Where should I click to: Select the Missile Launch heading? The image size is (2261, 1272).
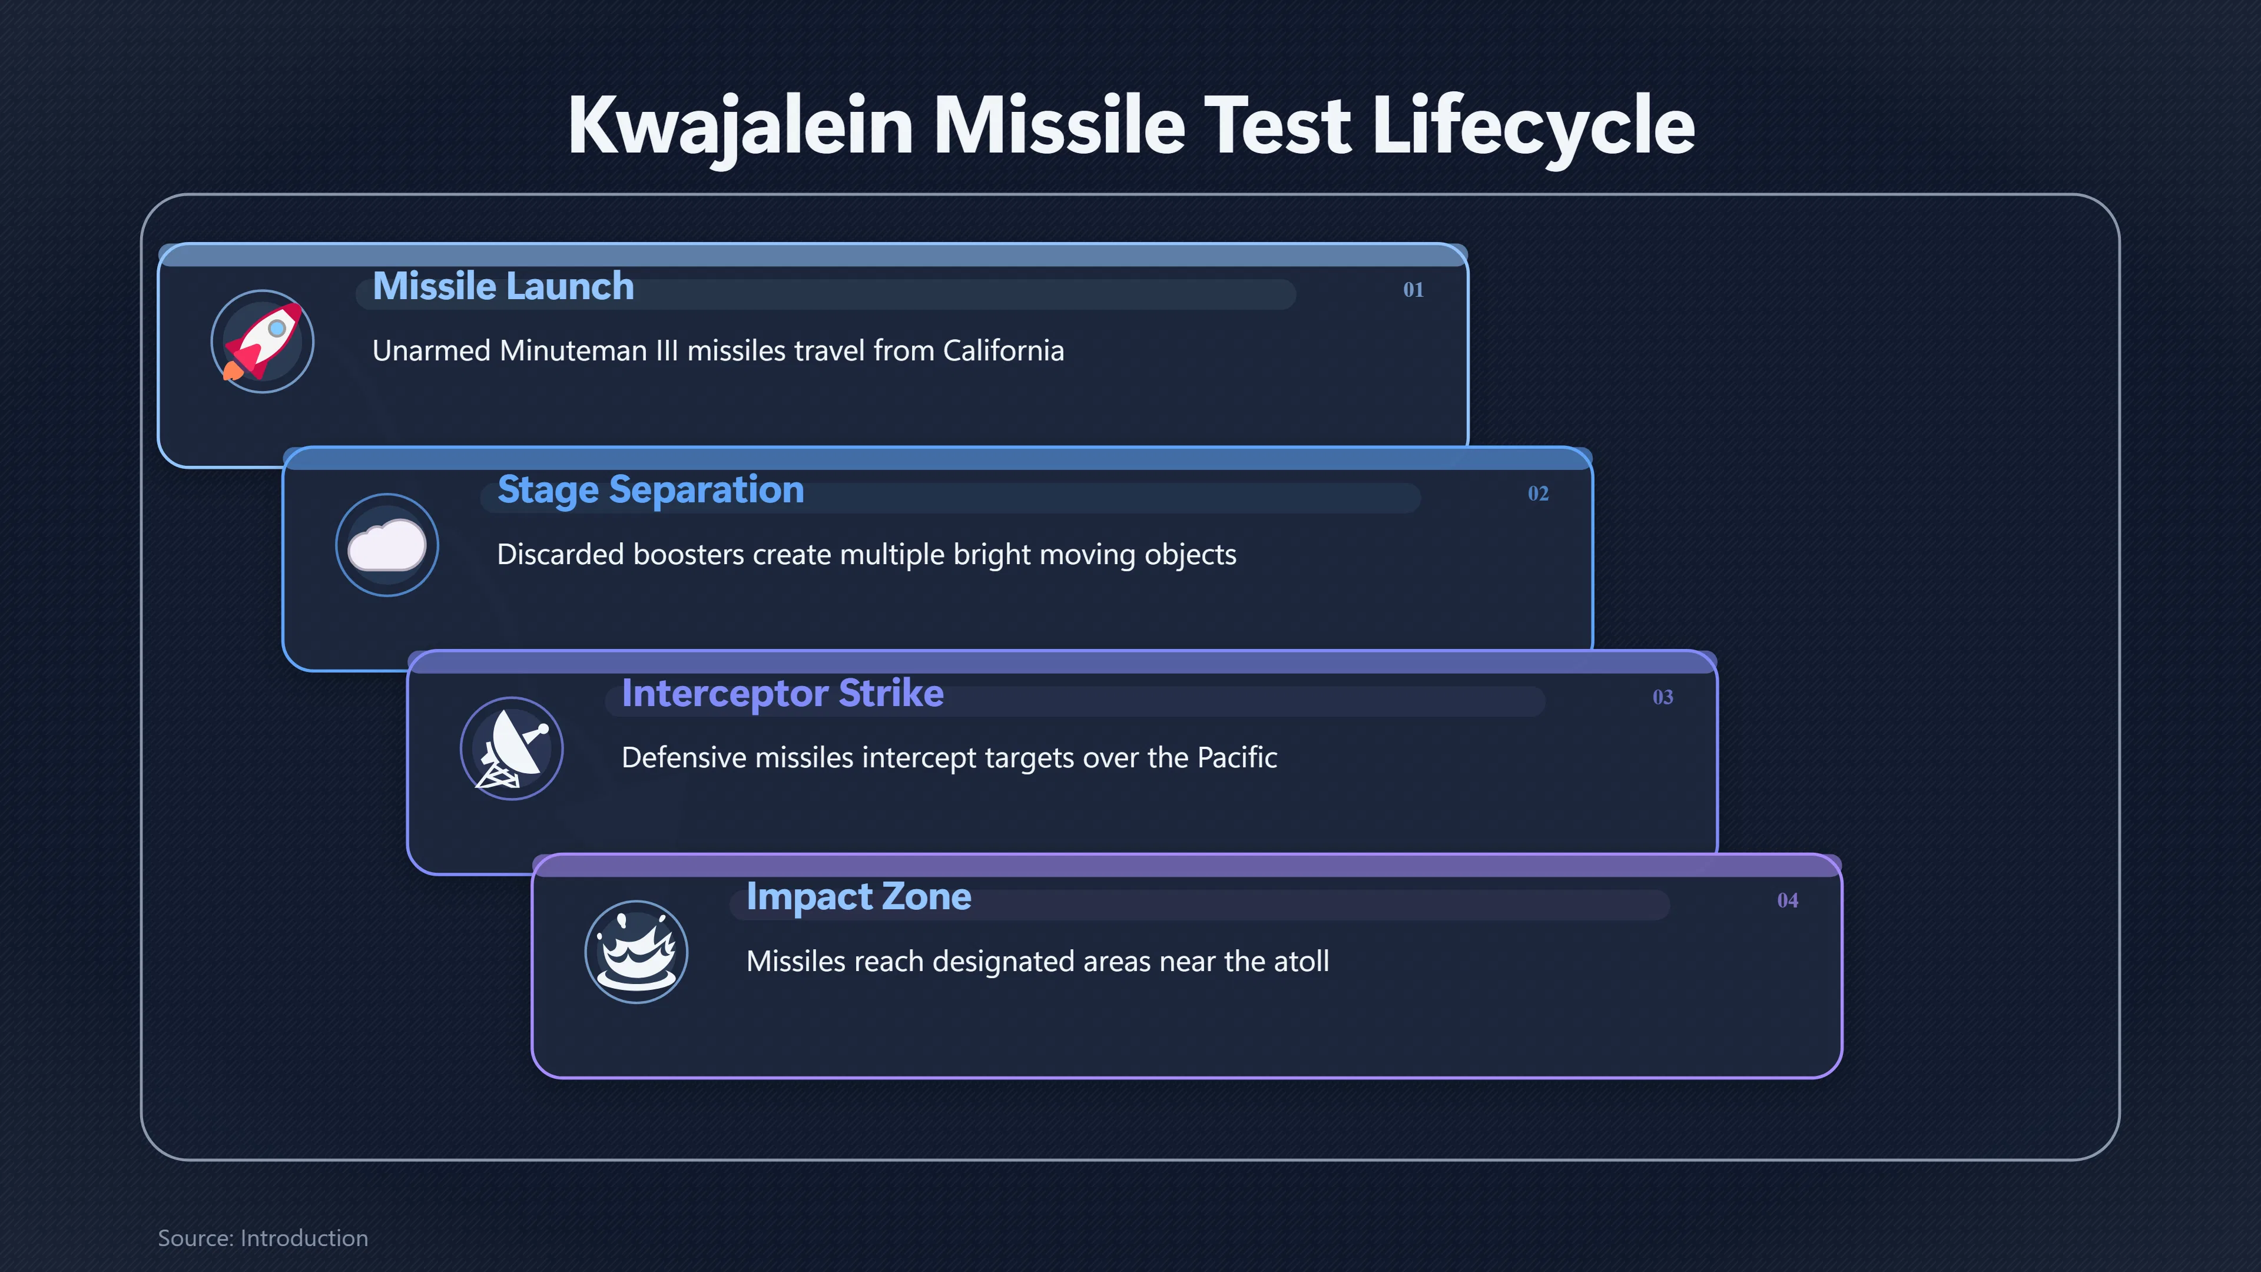pyautogui.click(x=503, y=286)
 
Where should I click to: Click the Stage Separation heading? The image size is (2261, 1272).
pyautogui.click(x=651, y=491)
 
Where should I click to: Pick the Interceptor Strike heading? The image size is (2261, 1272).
pyautogui.click(x=782, y=694)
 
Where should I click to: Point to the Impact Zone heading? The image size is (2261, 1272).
pyautogui.click(x=858, y=897)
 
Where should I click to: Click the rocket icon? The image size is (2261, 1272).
pyautogui.click(x=263, y=342)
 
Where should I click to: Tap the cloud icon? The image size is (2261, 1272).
pyautogui.click(x=387, y=545)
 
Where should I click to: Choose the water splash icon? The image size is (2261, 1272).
pyautogui.click(x=636, y=952)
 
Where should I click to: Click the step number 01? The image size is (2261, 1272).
pyautogui.click(x=1413, y=290)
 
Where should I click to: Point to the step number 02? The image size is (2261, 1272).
pyautogui.click(x=1538, y=493)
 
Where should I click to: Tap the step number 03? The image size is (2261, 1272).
pyautogui.click(x=1662, y=697)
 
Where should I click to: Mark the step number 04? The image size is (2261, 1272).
pyautogui.click(x=1787, y=900)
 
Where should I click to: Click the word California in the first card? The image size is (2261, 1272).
pyautogui.click(x=1003, y=351)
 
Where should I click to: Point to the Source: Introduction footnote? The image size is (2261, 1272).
pyautogui.click(x=263, y=1238)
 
